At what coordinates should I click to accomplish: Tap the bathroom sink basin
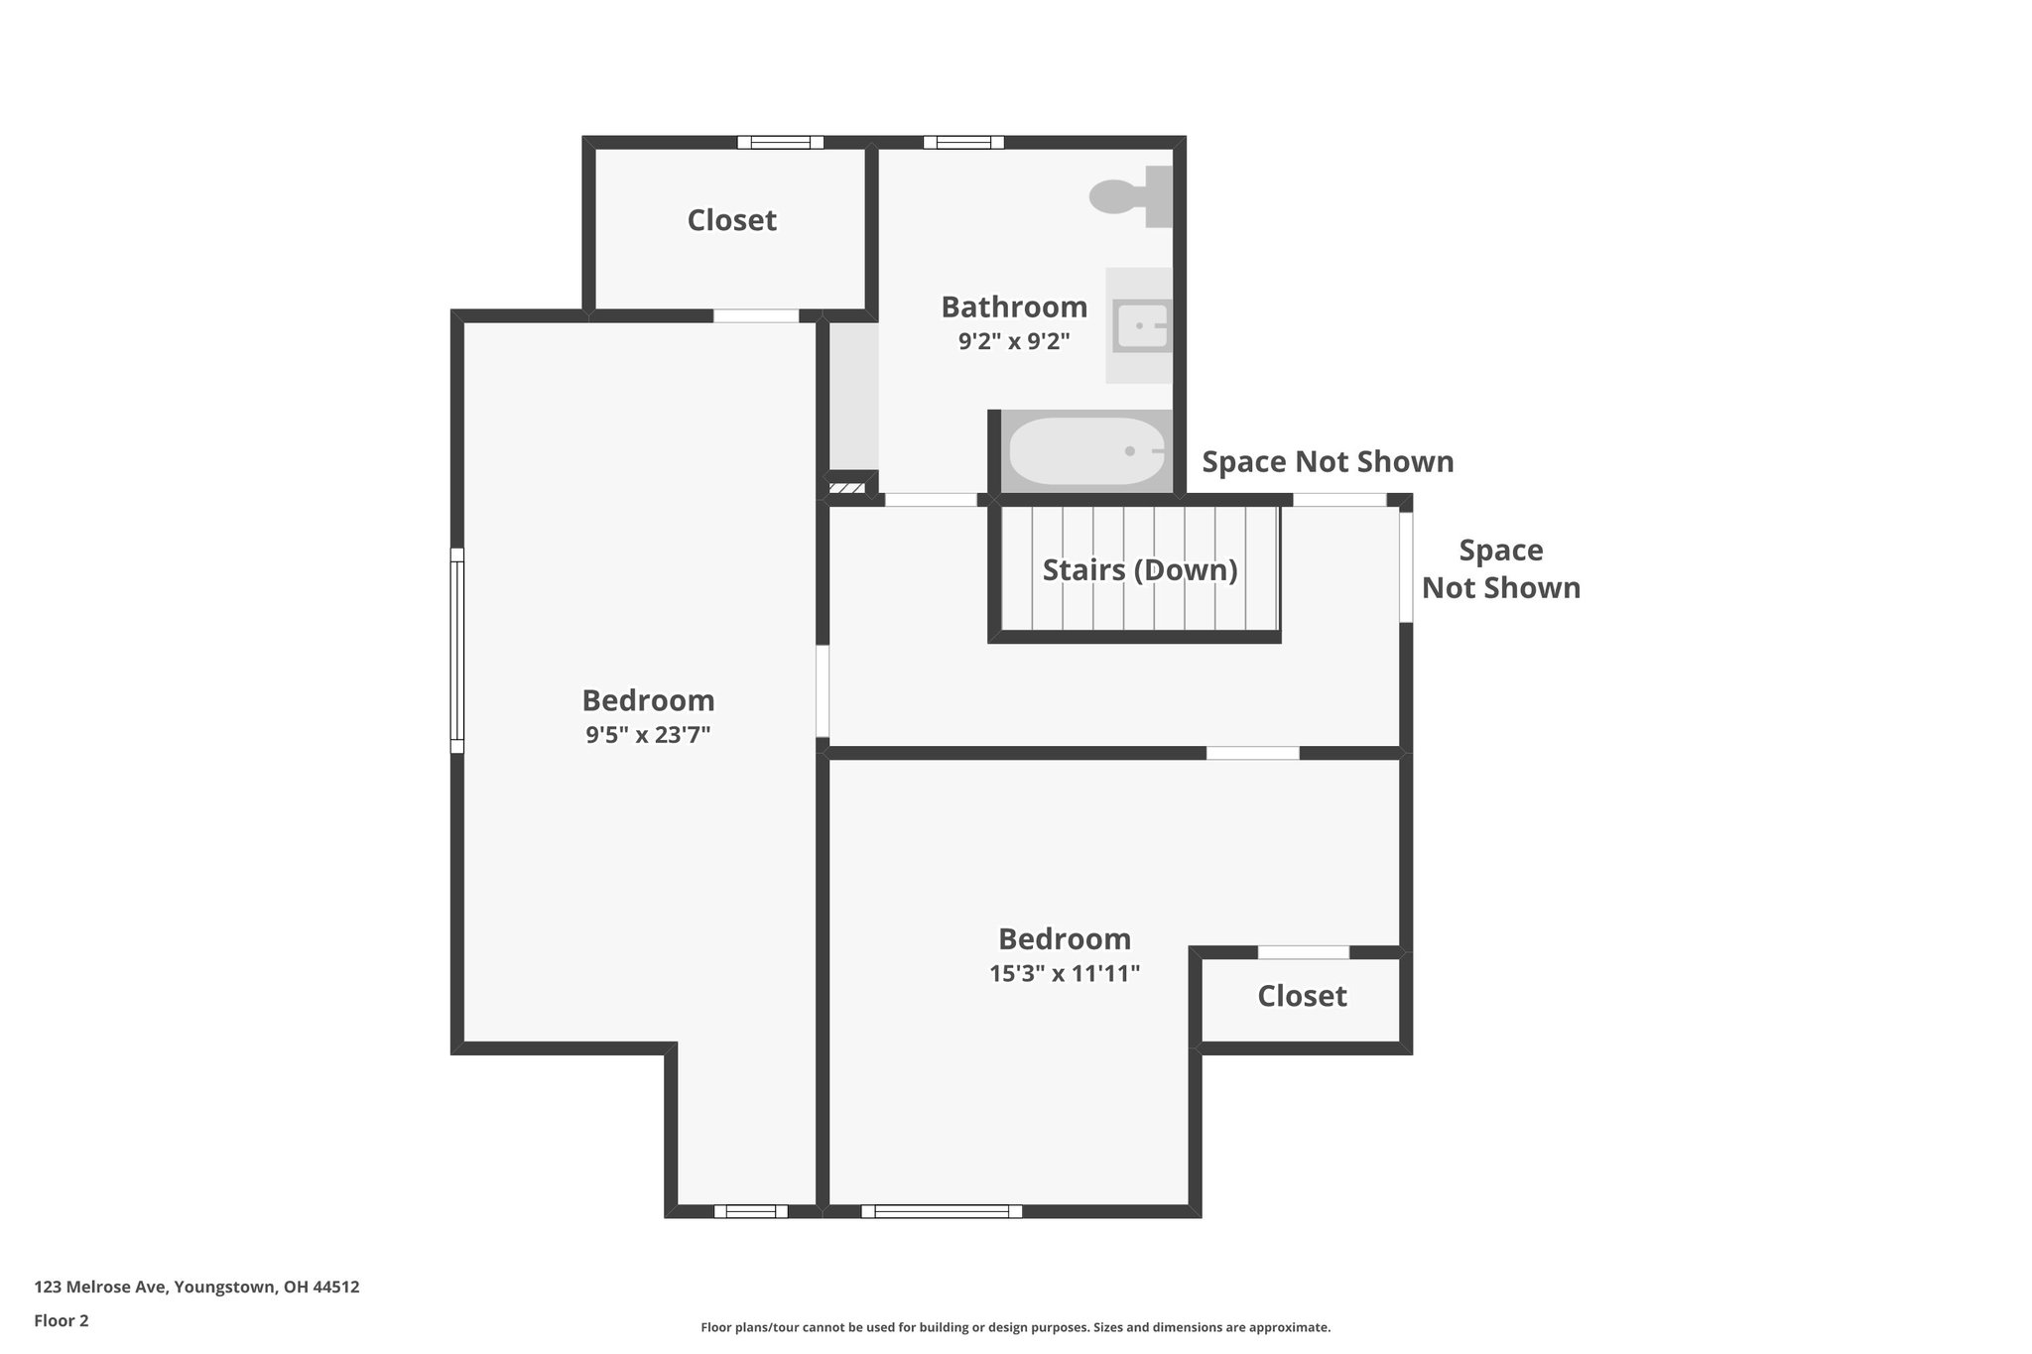click(1141, 325)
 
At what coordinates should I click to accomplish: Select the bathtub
click(1087, 451)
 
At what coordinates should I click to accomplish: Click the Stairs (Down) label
click(1140, 570)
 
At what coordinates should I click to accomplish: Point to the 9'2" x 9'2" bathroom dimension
click(1014, 342)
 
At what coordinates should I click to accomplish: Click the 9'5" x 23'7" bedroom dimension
click(648, 735)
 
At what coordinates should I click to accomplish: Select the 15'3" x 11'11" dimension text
click(1065, 974)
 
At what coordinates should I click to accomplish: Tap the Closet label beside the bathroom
click(732, 220)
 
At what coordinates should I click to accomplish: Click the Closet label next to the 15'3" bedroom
click(1302, 996)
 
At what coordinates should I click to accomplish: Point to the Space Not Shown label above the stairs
click(1328, 462)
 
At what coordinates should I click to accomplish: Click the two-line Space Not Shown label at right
click(1500, 569)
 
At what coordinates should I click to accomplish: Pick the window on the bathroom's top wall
click(963, 142)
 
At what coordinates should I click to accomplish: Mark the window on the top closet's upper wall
click(780, 142)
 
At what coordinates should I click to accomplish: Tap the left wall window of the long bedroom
click(457, 651)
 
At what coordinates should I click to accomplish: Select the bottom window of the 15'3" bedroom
click(942, 1210)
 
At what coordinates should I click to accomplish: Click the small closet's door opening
click(1304, 952)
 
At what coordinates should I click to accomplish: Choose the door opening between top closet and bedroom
click(756, 316)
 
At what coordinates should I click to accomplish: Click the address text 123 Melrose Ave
click(196, 1288)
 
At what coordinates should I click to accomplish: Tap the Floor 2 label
click(62, 1320)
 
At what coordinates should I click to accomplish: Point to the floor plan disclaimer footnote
click(1015, 1327)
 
